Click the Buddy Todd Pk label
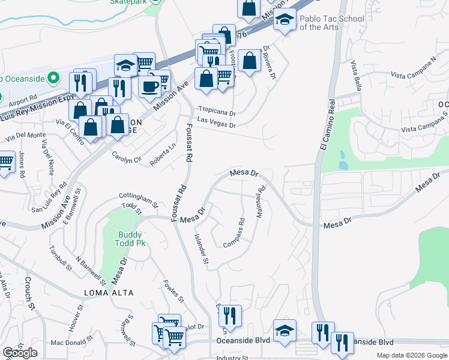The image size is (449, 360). point(132,238)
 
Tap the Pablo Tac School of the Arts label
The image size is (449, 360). point(332,23)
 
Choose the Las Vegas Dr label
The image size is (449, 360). point(216,125)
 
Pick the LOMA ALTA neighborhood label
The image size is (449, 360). point(108,292)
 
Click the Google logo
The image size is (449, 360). point(20,353)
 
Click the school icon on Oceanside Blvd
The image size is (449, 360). point(285,329)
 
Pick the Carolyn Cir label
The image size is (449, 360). point(126,157)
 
